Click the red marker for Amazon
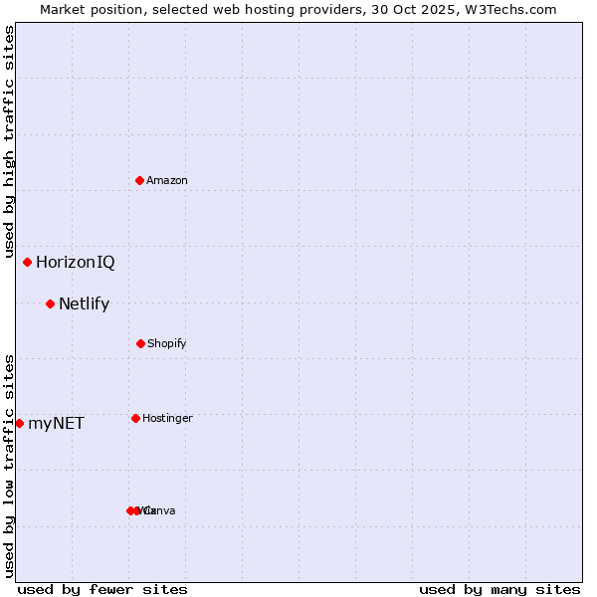pyautogui.click(x=140, y=180)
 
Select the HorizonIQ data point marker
pyautogui.click(x=27, y=262)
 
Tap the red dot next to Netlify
pyautogui.click(x=50, y=303)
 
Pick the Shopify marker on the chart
pyautogui.click(x=140, y=343)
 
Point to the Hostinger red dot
pyautogui.click(x=135, y=418)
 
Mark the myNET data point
pyautogui.click(x=19, y=423)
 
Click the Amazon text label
pyautogui.click(x=167, y=180)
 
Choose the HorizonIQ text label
pyautogui.click(x=76, y=263)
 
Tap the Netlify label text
pyautogui.click(x=84, y=304)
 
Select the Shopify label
pyautogui.click(x=166, y=343)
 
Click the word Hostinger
pyautogui.click(x=167, y=418)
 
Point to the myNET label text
pyautogui.click(x=56, y=424)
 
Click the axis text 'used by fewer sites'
pyautogui.click(x=102, y=589)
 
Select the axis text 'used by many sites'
pyautogui.click(x=499, y=589)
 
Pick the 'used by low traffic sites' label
pyautogui.click(x=9, y=466)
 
